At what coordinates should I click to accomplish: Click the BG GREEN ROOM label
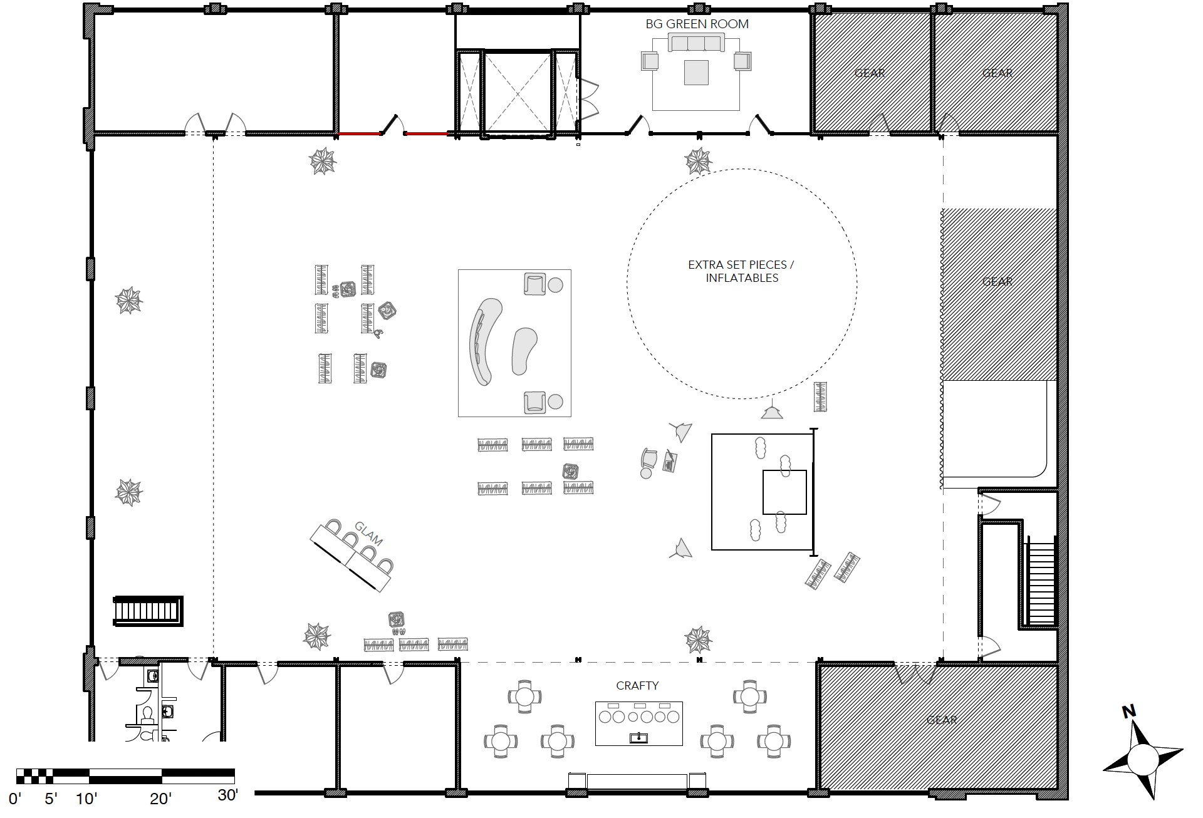click(x=697, y=24)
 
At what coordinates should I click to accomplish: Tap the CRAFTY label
click(x=637, y=686)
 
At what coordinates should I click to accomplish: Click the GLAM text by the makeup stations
click(x=368, y=533)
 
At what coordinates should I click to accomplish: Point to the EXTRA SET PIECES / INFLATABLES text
click(x=741, y=271)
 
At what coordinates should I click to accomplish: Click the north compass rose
click(x=1142, y=756)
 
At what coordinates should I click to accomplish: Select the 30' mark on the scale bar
click(x=227, y=795)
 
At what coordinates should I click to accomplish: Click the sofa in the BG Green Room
click(x=696, y=43)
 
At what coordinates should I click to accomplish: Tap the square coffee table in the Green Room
click(x=696, y=73)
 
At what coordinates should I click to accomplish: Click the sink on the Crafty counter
click(x=638, y=738)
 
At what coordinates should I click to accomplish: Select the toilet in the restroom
click(x=148, y=715)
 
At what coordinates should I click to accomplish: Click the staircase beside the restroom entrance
click(x=148, y=611)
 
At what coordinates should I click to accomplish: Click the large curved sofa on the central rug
click(x=484, y=341)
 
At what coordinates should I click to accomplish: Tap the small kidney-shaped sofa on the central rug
click(x=523, y=351)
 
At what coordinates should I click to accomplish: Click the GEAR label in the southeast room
click(x=942, y=720)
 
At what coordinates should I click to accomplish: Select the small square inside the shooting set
click(x=784, y=492)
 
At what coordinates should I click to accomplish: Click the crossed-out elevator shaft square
click(x=518, y=93)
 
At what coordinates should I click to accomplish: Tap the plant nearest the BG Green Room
click(x=698, y=161)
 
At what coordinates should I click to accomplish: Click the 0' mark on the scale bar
click(x=15, y=799)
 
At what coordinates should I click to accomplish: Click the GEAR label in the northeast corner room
click(x=997, y=73)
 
